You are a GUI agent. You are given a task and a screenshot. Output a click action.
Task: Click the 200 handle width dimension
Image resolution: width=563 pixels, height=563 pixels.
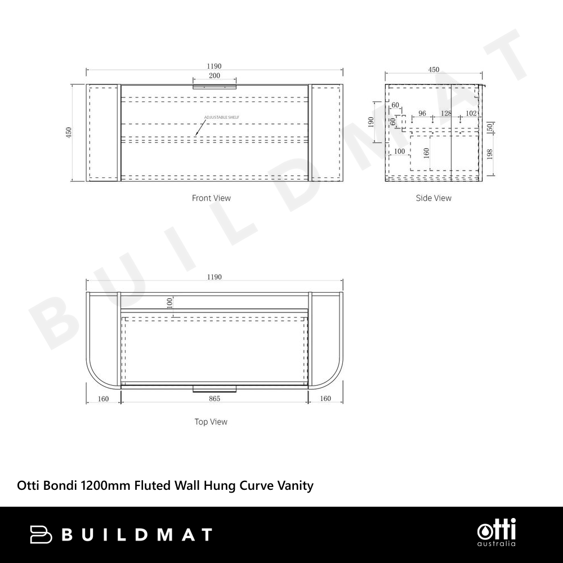[215, 75]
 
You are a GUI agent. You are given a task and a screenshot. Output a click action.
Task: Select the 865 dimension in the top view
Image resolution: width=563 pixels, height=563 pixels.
[215, 399]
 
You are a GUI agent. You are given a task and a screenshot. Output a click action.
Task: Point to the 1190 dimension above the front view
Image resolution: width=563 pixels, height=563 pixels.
[214, 66]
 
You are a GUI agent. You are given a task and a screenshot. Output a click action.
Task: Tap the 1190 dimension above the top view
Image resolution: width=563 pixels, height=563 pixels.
[214, 277]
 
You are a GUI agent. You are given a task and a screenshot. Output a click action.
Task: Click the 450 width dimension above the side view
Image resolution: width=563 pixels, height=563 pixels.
[434, 70]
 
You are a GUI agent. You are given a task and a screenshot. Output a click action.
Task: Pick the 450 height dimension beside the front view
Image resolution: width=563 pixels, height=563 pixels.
[69, 132]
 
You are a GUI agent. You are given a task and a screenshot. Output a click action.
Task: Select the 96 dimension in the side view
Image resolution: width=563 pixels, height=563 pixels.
[422, 114]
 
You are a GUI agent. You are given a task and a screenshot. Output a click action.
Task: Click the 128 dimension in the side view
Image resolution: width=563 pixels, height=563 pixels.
[446, 114]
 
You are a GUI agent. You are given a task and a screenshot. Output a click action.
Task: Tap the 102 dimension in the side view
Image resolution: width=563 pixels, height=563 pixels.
[471, 114]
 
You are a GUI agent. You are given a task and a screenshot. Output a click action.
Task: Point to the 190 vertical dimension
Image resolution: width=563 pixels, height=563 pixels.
[371, 122]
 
